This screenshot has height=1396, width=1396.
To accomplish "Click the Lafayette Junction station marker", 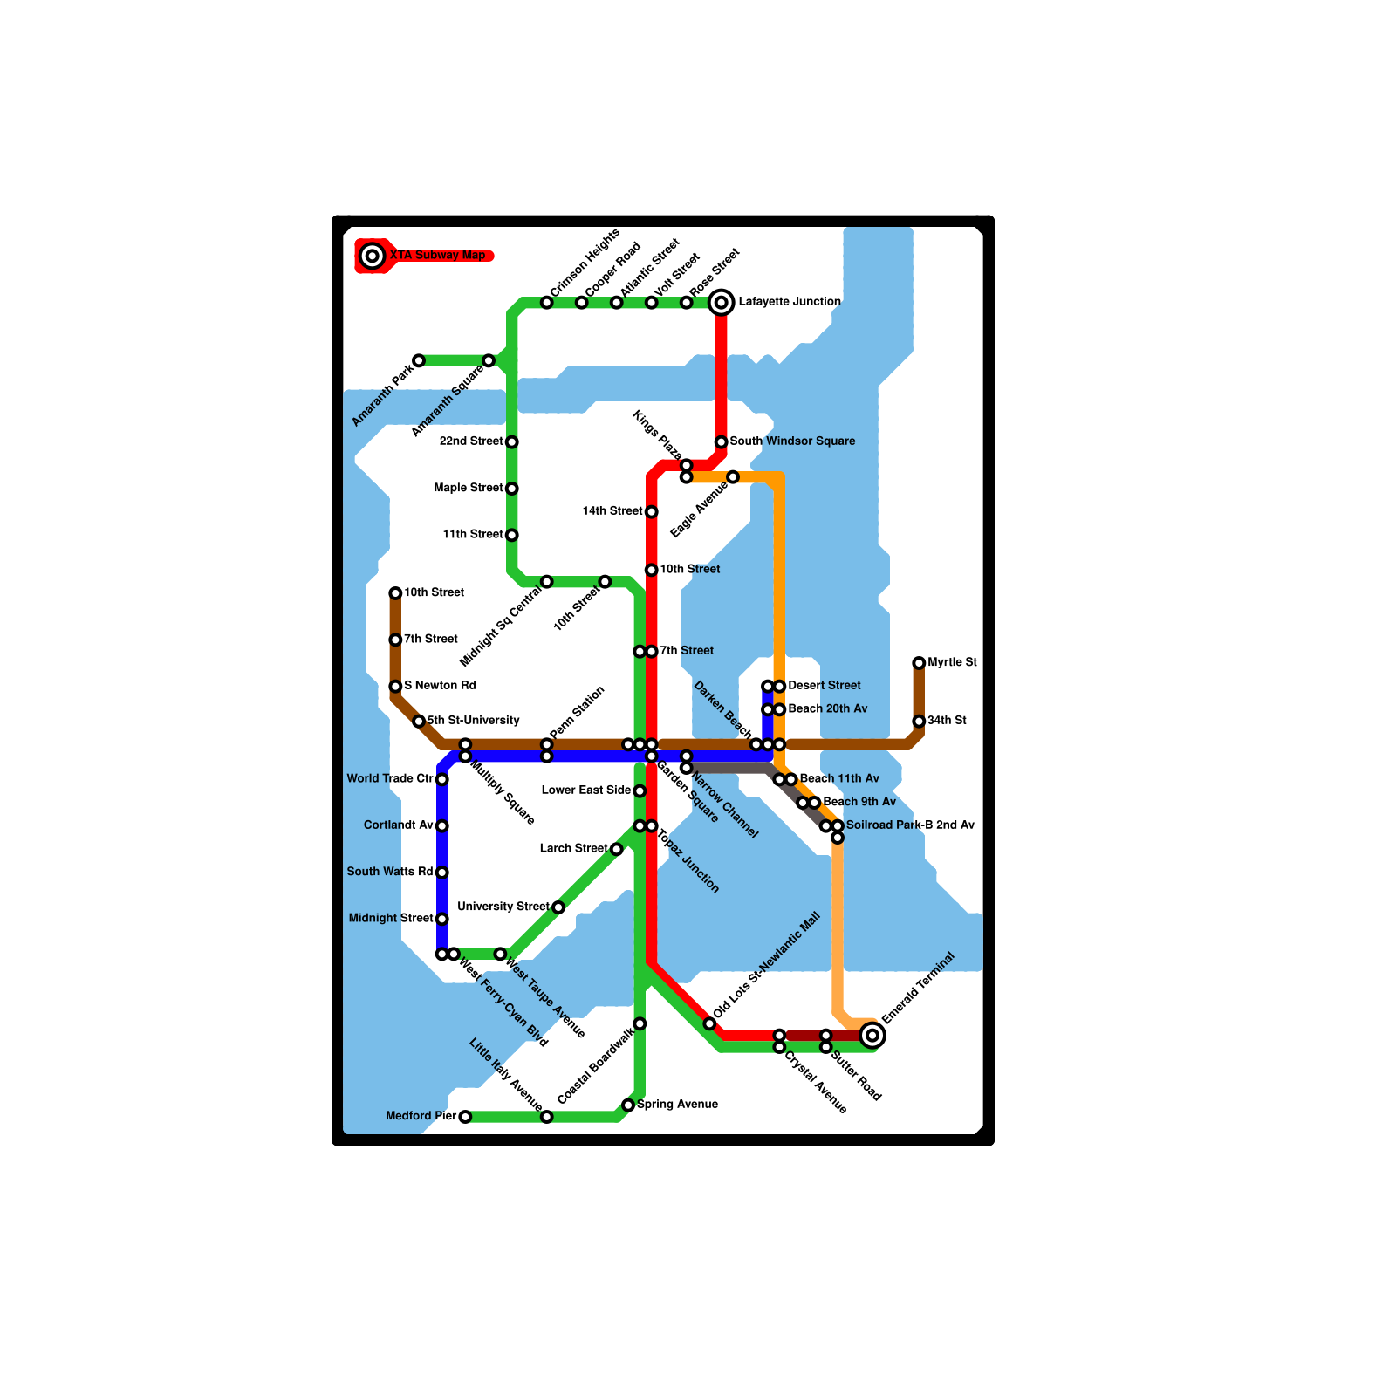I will pos(721,303).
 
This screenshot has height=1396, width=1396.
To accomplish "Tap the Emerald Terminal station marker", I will pos(872,1036).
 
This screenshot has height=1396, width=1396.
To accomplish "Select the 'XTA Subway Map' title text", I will pos(438,256).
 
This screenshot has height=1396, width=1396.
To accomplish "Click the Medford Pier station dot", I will pos(465,1117).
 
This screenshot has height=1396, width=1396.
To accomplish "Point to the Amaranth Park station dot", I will pos(419,361).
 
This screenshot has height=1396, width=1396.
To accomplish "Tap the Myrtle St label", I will pos(952,663).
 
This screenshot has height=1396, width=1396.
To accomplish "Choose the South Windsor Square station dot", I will pos(721,442).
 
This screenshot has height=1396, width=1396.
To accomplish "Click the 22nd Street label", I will pos(471,441).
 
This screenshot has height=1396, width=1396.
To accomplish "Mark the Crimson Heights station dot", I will pos(546,303).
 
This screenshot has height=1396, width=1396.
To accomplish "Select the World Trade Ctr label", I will pos(390,779).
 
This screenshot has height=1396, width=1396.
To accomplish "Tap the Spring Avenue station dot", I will pos(628,1105).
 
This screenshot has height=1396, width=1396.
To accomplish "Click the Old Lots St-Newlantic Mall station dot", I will pos(709,1023).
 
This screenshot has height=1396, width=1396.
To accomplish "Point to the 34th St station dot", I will pos(919,722).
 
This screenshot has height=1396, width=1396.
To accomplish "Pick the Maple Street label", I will pos(469,488).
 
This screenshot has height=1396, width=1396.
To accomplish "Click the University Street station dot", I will pos(558,907).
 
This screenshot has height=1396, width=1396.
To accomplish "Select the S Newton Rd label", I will pos(440,686).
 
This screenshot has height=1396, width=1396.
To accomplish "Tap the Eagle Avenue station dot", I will pos(733,477).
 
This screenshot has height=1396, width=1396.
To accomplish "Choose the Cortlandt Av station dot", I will pos(442,826).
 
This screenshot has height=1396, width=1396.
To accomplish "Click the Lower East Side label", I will pos(585,790).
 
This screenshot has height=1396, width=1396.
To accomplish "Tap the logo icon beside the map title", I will pos(373,256).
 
